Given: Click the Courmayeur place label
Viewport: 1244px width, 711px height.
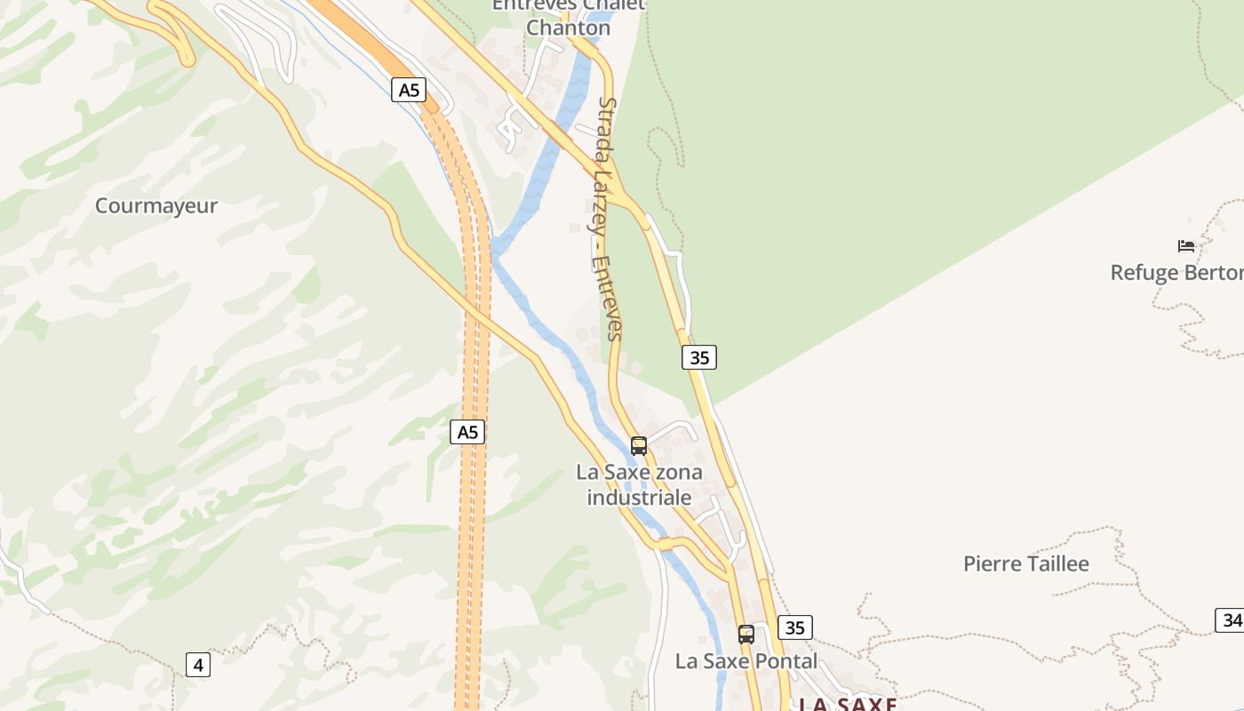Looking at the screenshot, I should (156, 206).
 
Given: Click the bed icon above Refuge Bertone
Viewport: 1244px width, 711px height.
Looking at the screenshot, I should (1186, 245).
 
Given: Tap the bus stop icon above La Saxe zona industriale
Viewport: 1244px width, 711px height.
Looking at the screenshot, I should (639, 445).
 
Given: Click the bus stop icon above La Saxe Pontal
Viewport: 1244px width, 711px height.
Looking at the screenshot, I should (746, 634).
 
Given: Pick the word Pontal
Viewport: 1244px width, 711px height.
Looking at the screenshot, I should (781, 661).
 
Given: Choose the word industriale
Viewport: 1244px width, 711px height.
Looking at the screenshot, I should (639, 498).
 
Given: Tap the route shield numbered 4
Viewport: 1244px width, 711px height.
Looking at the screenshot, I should (198, 664).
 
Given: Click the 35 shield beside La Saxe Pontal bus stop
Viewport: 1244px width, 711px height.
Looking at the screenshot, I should (795, 627).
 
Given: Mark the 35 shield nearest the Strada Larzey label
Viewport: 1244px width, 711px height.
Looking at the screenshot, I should (699, 357).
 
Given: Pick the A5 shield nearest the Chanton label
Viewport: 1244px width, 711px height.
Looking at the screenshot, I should (409, 90).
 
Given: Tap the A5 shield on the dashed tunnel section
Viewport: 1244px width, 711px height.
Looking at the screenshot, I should (467, 432).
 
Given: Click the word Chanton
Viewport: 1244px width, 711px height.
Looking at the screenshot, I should (568, 28).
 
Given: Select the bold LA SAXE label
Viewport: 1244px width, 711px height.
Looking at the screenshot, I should (847, 704).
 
